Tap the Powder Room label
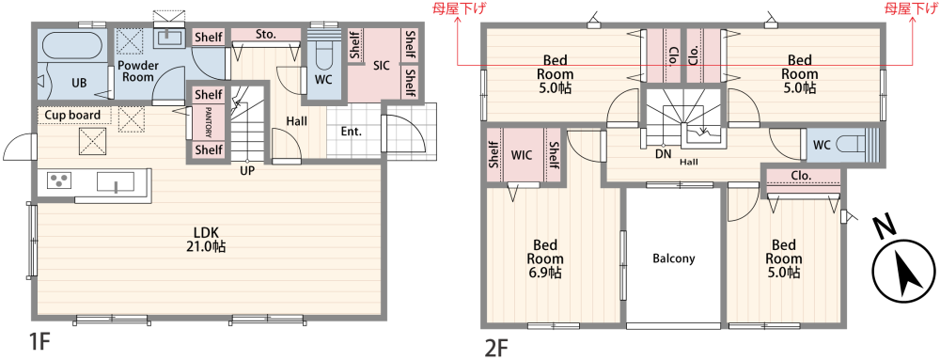[137, 71]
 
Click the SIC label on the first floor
[381, 66]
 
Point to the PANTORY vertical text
[208, 122]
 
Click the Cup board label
[72, 115]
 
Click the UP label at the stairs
[247, 171]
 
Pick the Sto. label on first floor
[265, 35]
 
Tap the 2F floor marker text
[495, 348]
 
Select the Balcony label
[673, 258]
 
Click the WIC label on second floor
[522, 155]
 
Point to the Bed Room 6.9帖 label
[545, 258]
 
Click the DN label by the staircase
[663, 154]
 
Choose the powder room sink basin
[170, 38]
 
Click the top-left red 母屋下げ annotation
[455, 8]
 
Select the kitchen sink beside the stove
[115, 181]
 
